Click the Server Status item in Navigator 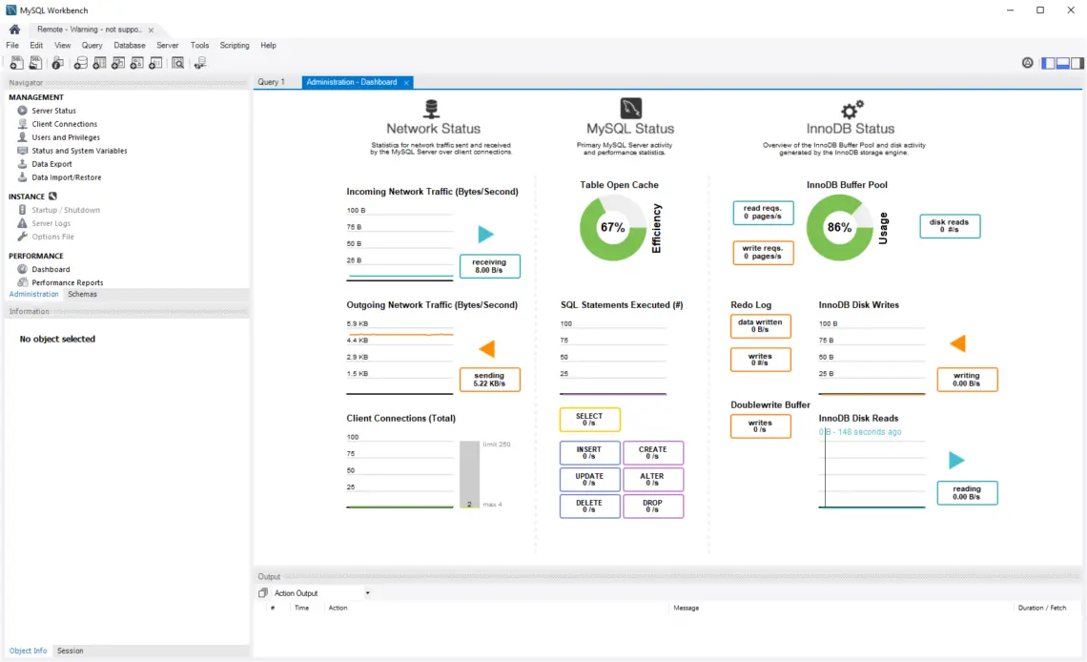(53, 111)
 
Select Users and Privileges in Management (66, 137)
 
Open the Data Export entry (51, 164)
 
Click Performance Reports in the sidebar (67, 282)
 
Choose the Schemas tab (82, 294)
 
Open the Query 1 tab (271, 82)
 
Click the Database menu (130, 45)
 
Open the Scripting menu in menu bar (235, 45)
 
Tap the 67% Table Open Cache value (612, 228)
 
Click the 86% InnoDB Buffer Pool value (839, 228)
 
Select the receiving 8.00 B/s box (489, 266)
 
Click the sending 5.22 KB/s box (489, 380)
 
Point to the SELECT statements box (589, 420)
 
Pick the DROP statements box (652, 506)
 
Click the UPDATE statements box (589, 479)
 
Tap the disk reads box (949, 226)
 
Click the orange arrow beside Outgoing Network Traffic (486, 348)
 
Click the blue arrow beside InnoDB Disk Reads (956, 461)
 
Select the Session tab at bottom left (70, 651)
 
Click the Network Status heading (433, 129)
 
